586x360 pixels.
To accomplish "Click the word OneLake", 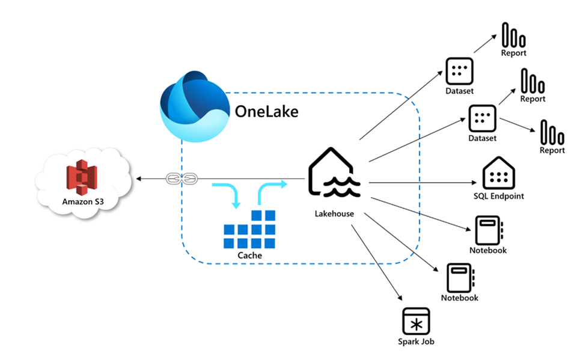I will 266,112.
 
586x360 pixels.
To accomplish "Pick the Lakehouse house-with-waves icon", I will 334,174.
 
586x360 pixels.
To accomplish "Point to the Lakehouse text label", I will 334,214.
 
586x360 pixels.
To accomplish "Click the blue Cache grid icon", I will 249,230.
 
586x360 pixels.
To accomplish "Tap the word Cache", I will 249,255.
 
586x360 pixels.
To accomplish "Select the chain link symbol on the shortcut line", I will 177,178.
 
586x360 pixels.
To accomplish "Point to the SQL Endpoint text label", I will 498,196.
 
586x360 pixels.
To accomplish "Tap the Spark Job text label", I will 415,342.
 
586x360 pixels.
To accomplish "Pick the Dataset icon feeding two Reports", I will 482,118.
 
